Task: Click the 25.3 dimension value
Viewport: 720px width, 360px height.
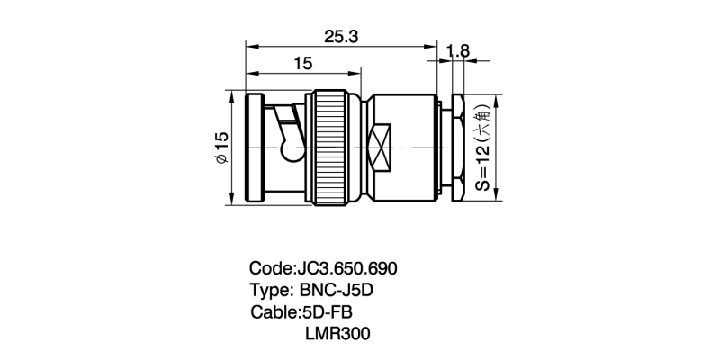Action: [341, 37]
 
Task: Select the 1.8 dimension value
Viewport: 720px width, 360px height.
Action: [458, 51]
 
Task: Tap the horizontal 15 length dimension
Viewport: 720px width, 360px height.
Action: [302, 63]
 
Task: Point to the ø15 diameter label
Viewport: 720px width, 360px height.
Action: [221, 148]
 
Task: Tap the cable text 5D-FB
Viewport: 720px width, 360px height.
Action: [328, 312]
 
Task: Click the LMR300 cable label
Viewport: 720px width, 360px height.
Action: [337, 334]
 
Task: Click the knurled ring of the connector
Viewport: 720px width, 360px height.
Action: [328, 148]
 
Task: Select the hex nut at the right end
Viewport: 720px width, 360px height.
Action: [458, 148]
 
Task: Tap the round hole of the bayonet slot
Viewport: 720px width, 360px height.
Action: [291, 151]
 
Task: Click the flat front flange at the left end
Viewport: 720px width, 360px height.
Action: [256, 148]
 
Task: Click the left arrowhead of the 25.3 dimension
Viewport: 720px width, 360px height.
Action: [251, 47]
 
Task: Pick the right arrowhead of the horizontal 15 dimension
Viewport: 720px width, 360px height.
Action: [355, 73]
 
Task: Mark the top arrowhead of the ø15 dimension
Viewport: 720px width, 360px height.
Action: [232, 95]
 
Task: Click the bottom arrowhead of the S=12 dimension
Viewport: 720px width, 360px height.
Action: [496, 194]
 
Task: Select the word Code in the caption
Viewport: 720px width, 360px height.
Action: [271, 268]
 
